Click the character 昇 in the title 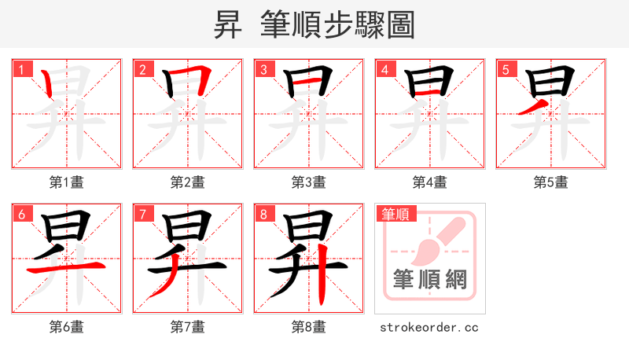228,25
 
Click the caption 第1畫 67,182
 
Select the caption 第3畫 309,182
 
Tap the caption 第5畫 551,182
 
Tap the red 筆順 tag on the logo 396,214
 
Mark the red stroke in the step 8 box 324,281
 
